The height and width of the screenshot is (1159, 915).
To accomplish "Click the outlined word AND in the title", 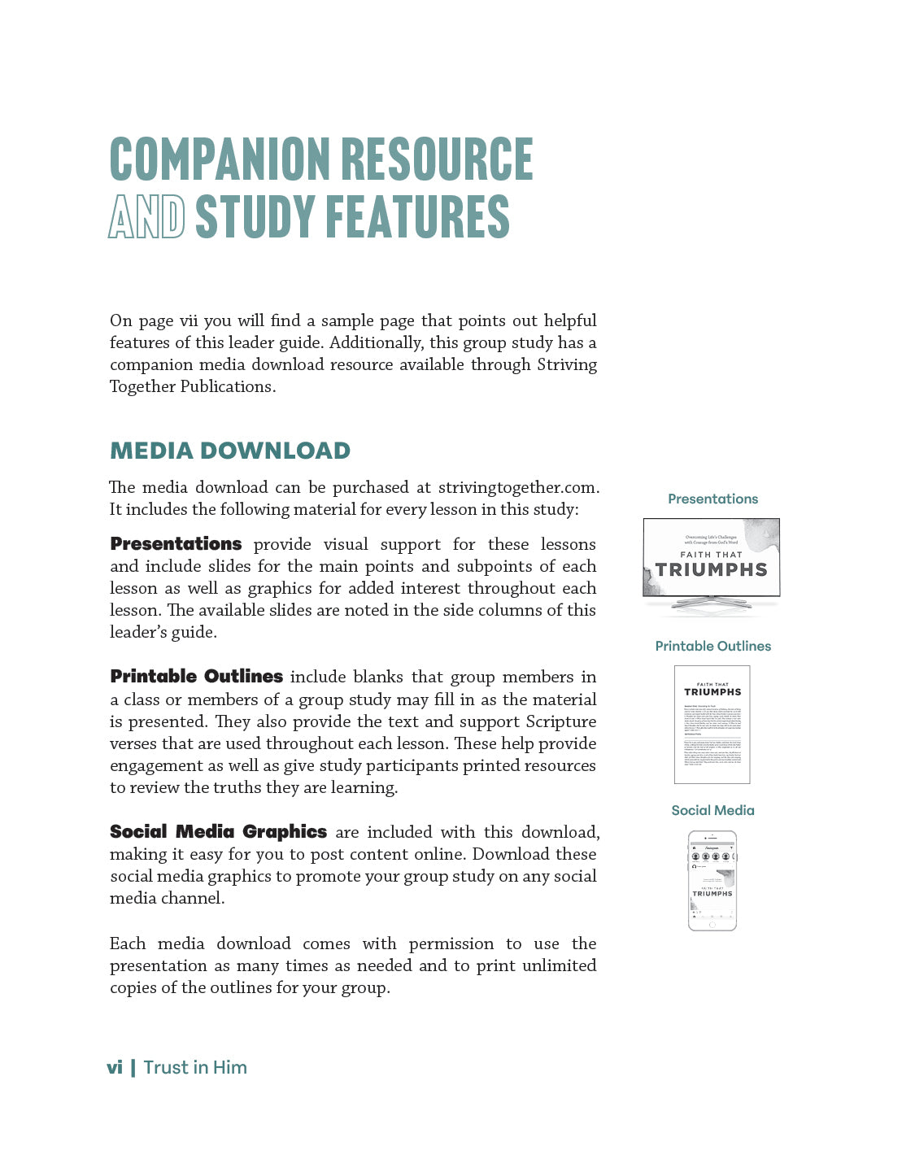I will pos(146,217).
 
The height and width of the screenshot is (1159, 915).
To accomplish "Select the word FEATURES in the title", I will pos(417,217).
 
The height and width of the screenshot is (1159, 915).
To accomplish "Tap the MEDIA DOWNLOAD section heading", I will pos(230,451).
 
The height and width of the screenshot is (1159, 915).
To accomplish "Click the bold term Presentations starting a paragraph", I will pos(176,544).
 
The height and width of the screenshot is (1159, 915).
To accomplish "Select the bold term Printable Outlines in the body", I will pos(196,677).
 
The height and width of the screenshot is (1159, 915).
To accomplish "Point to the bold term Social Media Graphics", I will pos(218,832).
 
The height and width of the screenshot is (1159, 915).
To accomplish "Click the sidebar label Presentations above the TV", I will pos(712,499).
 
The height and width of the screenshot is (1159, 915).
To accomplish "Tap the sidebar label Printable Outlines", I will pos(712,647).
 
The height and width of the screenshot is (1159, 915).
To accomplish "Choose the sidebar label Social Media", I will pos(712,811).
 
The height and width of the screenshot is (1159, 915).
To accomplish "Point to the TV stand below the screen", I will pos(712,603).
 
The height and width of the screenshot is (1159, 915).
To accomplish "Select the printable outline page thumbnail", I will pos(712,725).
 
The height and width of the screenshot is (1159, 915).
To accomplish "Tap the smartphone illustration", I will pos(712,881).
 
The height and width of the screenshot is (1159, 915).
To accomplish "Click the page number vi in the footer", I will pos(115,1068).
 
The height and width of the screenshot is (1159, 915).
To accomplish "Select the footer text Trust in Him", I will pos(195,1068).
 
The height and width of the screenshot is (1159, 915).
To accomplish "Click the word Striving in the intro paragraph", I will pos(566,364).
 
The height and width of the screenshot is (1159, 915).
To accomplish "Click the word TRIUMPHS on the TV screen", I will pos(712,570).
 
